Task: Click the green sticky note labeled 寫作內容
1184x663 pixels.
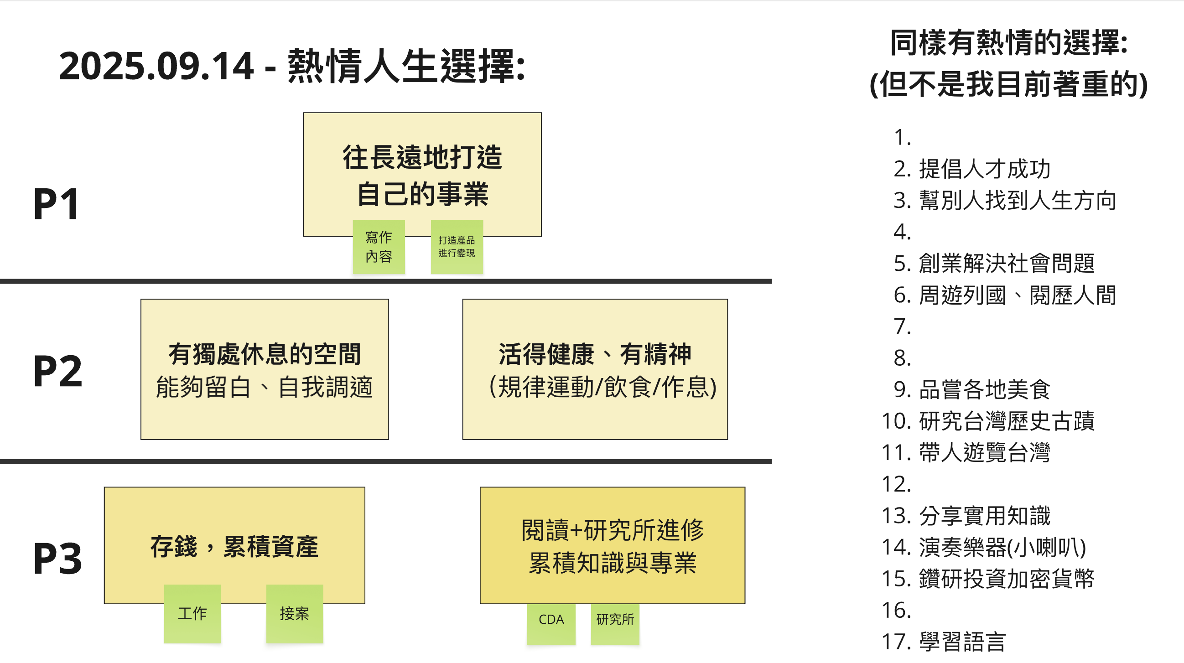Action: tap(379, 247)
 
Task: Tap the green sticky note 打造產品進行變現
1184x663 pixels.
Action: tap(457, 247)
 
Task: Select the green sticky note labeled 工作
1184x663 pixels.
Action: tap(192, 613)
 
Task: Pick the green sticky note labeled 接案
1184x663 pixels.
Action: tap(294, 613)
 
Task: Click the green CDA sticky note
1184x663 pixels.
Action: tap(550, 619)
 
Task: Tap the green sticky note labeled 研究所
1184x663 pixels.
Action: tap(615, 619)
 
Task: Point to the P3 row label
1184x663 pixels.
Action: tap(58, 559)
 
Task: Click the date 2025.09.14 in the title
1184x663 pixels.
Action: tap(156, 66)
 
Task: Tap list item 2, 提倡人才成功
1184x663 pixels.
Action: tap(984, 169)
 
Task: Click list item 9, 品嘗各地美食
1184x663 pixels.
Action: tap(984, 389)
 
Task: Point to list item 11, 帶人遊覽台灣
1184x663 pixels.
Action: tap(984, 452)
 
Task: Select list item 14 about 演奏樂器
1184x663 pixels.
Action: tap(1002, 547)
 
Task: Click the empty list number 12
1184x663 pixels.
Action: tap(896, 484)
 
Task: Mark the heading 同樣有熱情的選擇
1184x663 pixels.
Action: tap(1008, 43)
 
